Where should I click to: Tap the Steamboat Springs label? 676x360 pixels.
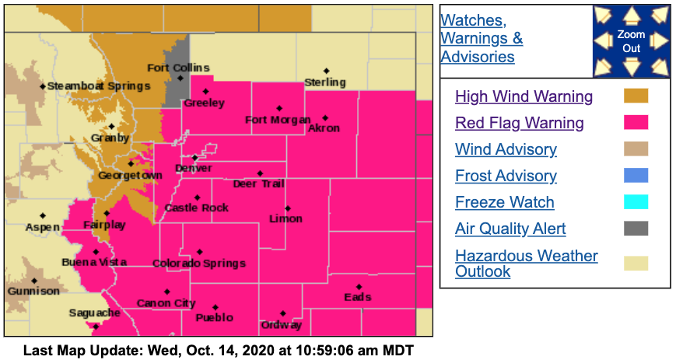[98, 86]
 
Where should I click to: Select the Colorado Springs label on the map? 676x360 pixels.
[199, 264]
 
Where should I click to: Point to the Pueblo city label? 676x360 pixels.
[215, 317]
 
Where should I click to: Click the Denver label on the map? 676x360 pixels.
[194, 168]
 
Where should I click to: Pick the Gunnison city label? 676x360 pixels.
[33, 291]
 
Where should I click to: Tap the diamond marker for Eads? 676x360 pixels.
[359, 287]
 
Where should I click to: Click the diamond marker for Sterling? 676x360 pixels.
[327, 72]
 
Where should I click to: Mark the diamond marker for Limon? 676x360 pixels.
[288, 208]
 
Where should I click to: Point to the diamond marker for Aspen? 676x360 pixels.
[43, 215]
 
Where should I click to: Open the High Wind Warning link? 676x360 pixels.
[524, 96]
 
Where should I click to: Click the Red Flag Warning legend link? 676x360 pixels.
[519, 123]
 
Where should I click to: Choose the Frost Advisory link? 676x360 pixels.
[506, 176]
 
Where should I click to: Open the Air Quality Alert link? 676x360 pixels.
[510, 229]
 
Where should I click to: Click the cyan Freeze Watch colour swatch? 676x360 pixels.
[636, 202]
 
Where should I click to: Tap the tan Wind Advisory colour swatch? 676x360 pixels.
[636, 149]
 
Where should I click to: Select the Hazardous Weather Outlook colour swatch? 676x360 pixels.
[636, 263]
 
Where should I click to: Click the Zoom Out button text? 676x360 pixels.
[631, 41]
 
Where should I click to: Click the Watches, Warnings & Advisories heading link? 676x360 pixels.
[482, 38]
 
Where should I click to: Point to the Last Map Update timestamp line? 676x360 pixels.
[218, 350]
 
